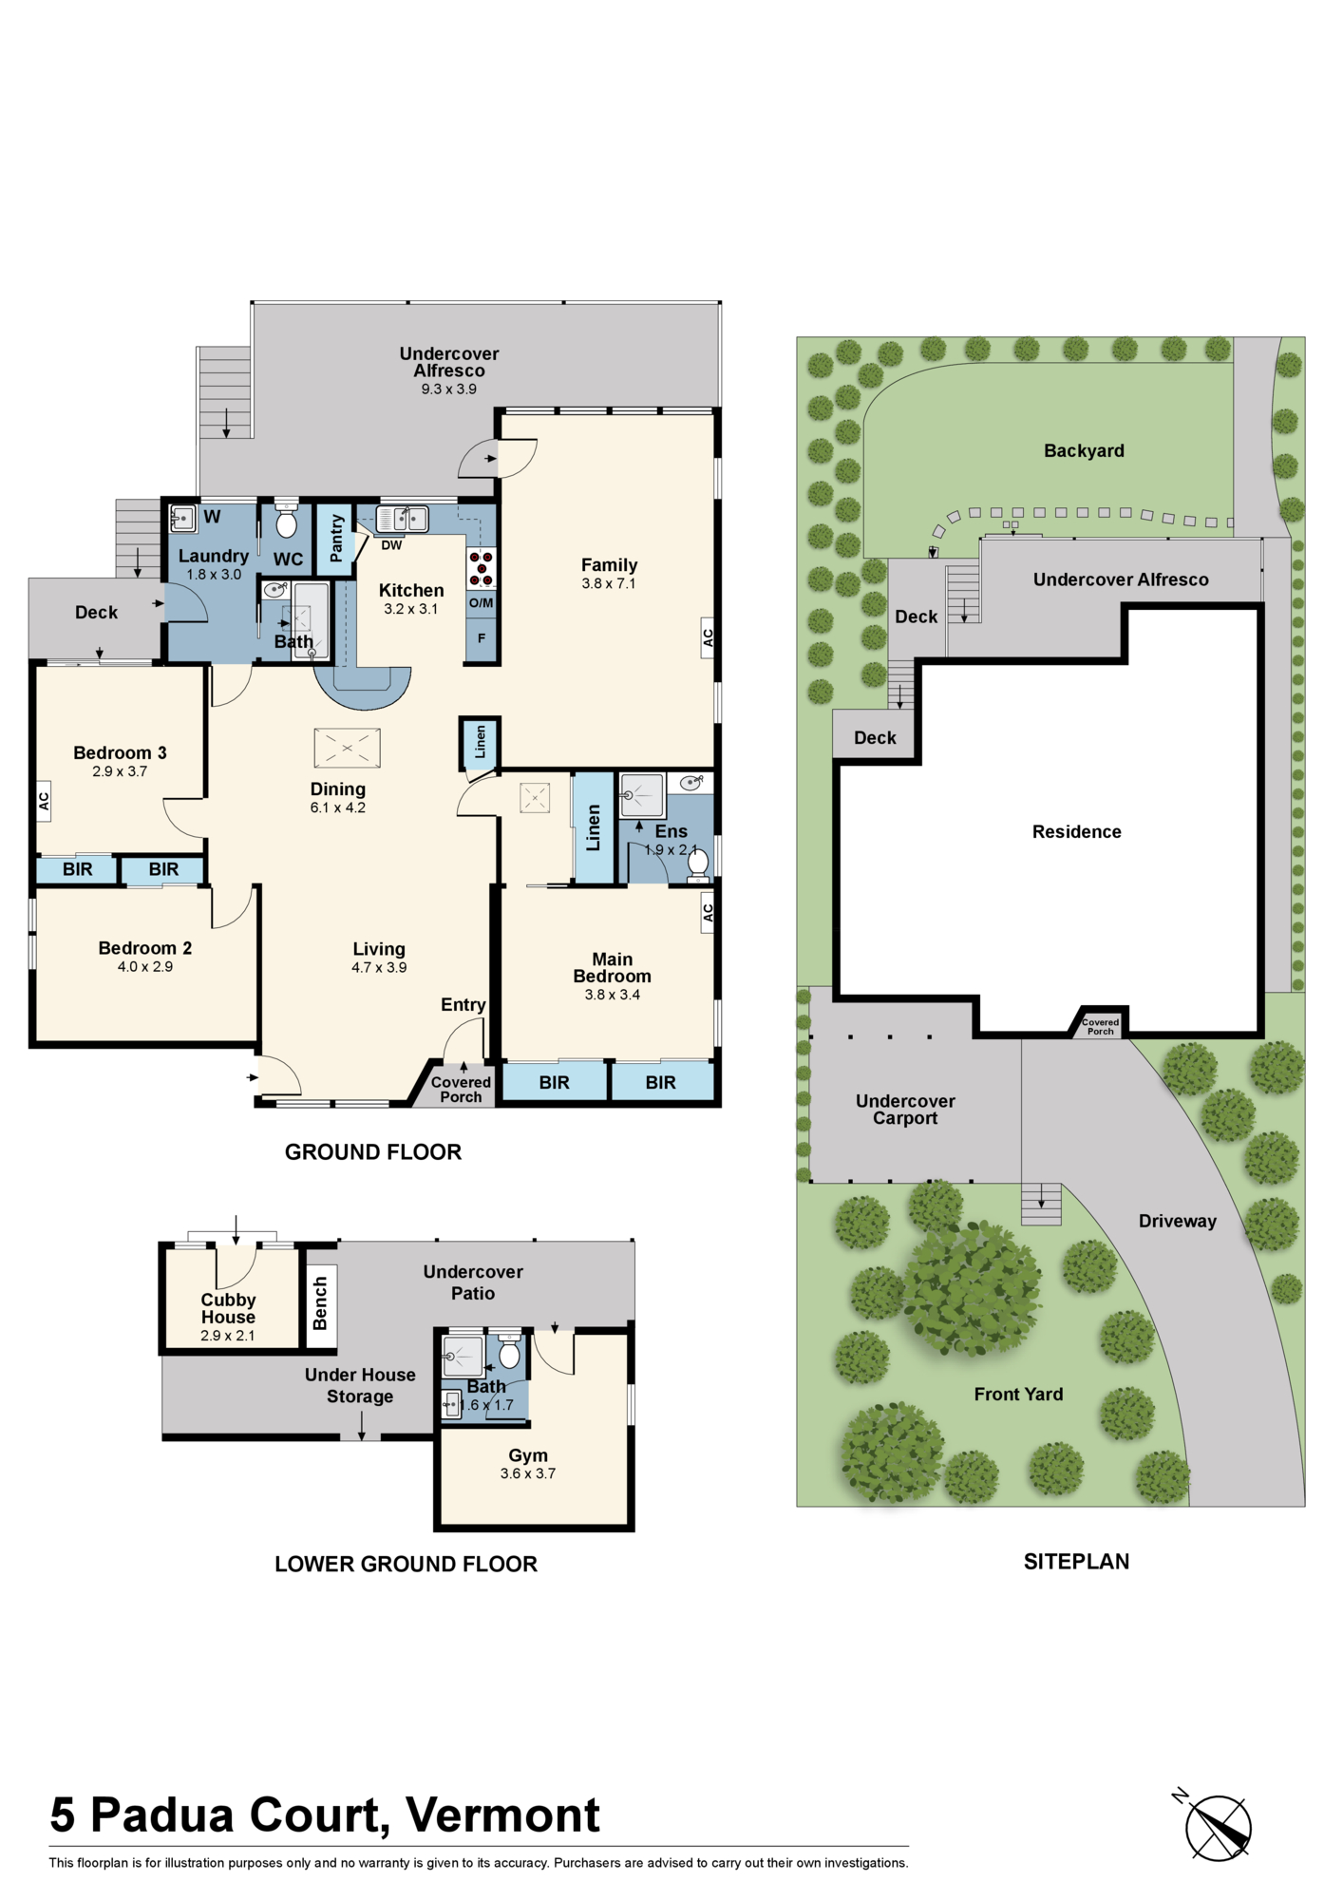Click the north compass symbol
[x=1218, y=1826]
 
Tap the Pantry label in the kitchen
[x=336, y=538]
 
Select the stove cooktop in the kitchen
[x=482, y=568]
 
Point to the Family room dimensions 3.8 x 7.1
[x=609, y=583]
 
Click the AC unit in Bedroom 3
[x=43, y=802]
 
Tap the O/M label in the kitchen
[x=482, y=603]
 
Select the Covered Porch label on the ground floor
[x=461, y=1090]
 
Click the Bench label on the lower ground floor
[x=320, y=1303]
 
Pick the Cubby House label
[x=228, y=1308]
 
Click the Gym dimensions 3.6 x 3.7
[x=528, y=1473]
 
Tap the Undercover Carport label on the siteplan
[x=905, y=1110]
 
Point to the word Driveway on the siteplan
[x=1178, y=1222]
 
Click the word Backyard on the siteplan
[x=1084, y=451]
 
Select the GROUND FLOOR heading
[x=373, y=1152]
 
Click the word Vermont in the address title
[x=502, y=1815]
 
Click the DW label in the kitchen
[x=391, y=545]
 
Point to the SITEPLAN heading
[x=1077, y=1562]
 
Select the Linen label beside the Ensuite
[x=594, y=828]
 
